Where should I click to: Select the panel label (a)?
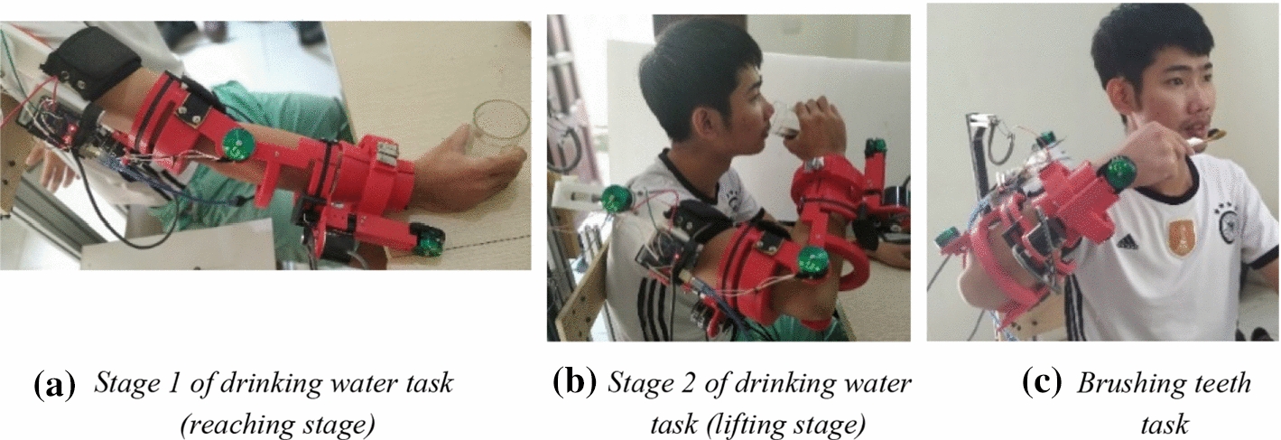coord(53,386)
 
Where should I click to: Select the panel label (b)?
coord(574,384)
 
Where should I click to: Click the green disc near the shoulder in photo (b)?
coord(617,196)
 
